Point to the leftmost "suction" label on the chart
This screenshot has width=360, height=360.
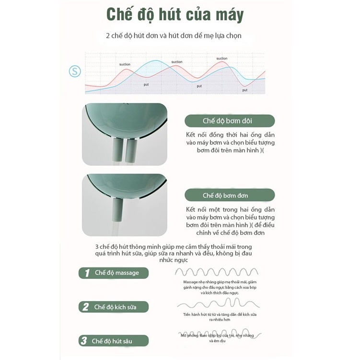[125, 64]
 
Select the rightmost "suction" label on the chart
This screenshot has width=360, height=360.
[221, 58]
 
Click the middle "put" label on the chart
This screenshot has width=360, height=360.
[199, 86]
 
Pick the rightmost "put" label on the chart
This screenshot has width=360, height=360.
[244, 90]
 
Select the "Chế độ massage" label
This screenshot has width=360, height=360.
[116, 273]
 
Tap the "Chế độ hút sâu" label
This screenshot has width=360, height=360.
[113, 341]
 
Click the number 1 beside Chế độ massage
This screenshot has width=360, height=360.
[87, 273]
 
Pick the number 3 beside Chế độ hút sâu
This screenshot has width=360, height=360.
[84, 341]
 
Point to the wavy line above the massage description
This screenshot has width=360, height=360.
[217, 272]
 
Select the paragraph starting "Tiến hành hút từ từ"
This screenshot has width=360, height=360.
[220, 317]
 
